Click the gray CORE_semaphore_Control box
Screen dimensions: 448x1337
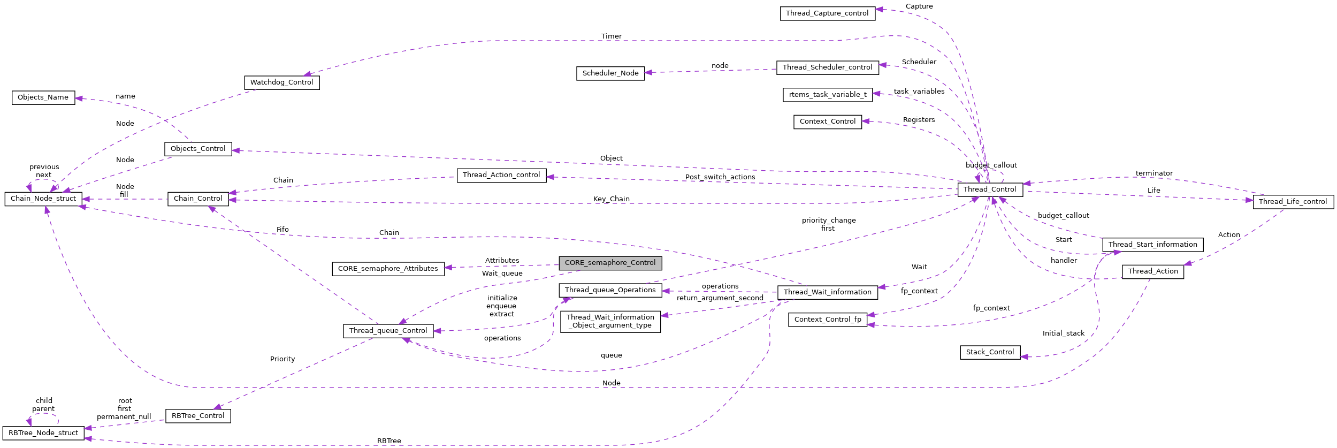point(610,263)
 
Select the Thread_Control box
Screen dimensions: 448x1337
point(990,189)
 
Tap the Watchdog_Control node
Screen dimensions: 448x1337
point(281,82)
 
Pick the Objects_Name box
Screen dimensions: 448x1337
point(43,97)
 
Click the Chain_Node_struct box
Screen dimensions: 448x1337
point(43,199)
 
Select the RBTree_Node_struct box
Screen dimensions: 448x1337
point(43,433)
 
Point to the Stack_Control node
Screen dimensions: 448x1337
point(990,352)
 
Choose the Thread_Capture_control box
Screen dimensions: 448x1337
point(827,13)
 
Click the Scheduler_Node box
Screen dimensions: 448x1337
point(610,73)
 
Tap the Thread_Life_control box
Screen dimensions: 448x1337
point(1293,202)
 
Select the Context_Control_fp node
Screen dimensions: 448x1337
point(827,320)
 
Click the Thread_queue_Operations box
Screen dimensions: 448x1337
point(610,290)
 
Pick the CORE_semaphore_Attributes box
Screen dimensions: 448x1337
point(388,269)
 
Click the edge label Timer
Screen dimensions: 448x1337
point(611,36)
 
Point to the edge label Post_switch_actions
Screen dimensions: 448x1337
point(720,177)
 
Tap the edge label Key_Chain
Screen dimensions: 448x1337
point(611,199)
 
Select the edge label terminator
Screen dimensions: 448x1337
point(1154,173)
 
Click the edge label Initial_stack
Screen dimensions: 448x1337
point(1063,333)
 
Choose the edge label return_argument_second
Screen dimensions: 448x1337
point(720,298)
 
